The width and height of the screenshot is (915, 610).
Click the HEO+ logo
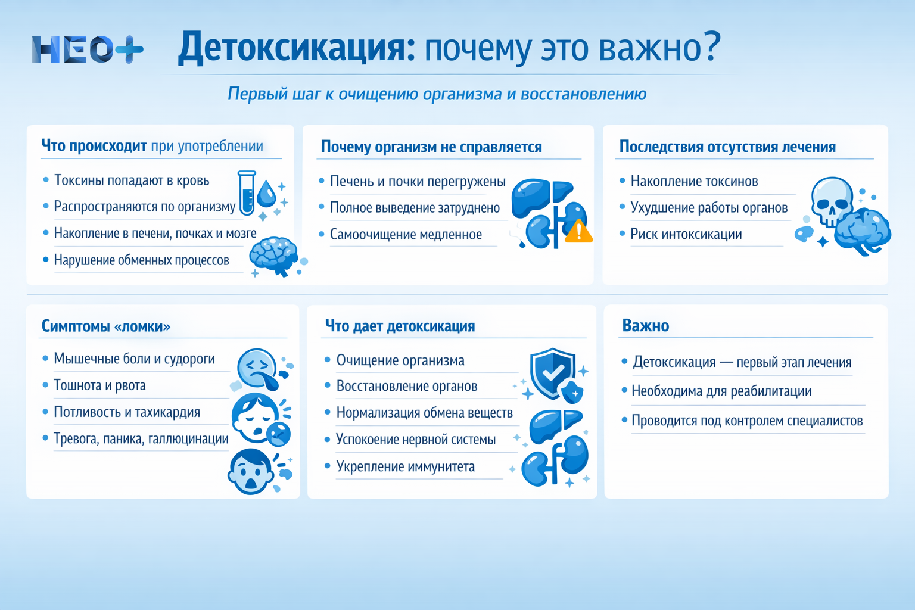[x=88, y=49]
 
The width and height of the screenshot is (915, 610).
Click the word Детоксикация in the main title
[x=296, y=48]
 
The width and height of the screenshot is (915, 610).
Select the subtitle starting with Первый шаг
[x=437, y=94]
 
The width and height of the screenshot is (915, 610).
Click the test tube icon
[x=247, y=193]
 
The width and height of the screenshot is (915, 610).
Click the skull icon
[x=832, y=201]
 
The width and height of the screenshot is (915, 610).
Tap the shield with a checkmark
[x=553, y=374]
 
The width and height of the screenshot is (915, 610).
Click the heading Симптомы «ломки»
[x=106, y=326]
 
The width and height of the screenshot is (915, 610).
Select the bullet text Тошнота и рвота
[x=99, y=385]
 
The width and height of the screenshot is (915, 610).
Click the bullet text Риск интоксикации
[x=686, y=234]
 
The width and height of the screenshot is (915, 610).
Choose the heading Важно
[x=645, y=326]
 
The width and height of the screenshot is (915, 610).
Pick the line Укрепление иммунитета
[x=405, y=466]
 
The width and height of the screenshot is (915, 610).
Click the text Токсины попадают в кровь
[x=132, y=180]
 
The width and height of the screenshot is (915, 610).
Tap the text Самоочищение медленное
[x=406, y=235]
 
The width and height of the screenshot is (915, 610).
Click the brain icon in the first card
[x=273, y=256]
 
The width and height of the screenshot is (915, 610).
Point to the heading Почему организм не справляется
[x=431, y=147]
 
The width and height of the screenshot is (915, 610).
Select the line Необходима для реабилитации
[x=721, y=391]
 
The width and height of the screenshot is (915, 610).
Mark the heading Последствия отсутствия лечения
[x=727, y=147]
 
